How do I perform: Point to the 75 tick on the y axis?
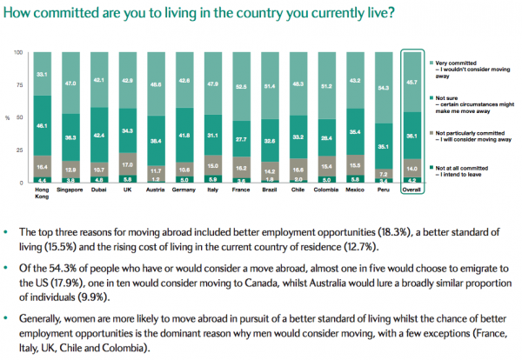(x=21, y=86)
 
